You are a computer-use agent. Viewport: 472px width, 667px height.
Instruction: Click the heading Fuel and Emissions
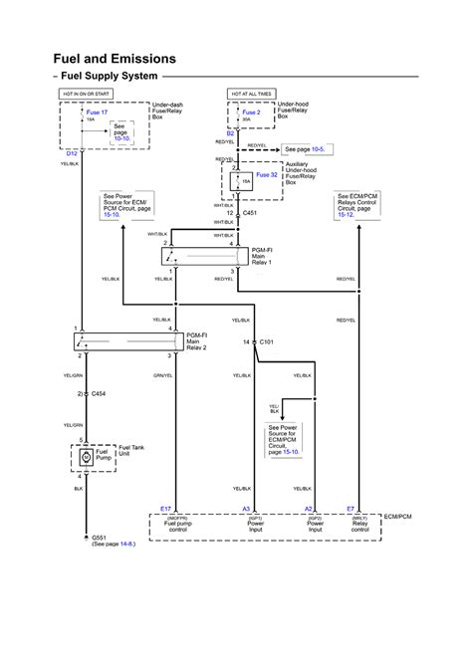(x=115, y=59)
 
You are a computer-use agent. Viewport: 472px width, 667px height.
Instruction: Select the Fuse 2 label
(x=252, y=113)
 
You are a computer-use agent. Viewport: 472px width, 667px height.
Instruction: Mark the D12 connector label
(x=72, y=153)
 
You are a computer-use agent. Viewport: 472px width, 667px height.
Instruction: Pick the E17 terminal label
(x=166, y=508)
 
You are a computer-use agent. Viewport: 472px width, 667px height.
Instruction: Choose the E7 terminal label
(x=351, y=508)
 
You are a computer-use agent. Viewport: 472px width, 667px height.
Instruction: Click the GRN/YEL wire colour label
(x=163, y=375)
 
